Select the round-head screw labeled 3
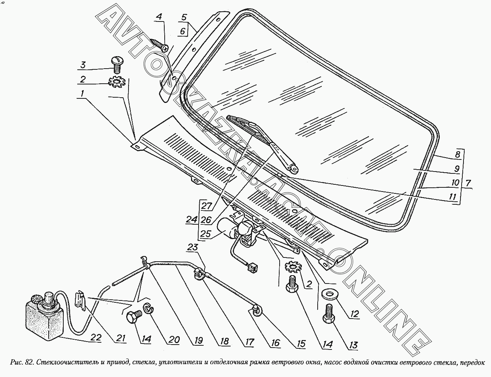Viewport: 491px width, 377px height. click(x=117, y=65)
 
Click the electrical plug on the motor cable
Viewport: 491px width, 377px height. click(x=253, y=267)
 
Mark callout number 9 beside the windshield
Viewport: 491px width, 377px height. click(x=457, y=169)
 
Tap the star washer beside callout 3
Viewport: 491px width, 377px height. click(x=117, y=83)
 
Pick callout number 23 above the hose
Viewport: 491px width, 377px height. click(x=192, y=247)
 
